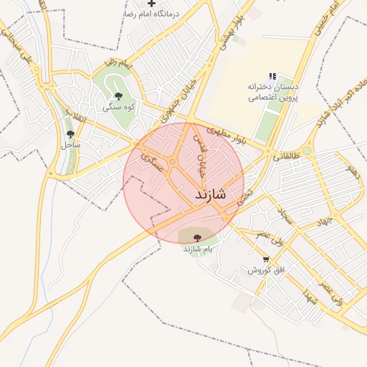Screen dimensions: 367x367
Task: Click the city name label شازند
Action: click(x=210, y=194)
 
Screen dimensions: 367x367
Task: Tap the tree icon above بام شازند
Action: click(x=198, y=237)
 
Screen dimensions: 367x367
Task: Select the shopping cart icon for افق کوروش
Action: click(x=267, y=259)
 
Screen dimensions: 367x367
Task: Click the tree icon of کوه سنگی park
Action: click(x=118, y=96)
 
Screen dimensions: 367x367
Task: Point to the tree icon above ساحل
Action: click(x=70, y=133)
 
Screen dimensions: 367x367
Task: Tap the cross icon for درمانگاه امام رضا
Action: click(x=151, y=4)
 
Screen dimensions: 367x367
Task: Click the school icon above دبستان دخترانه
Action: click(x=272, y=76)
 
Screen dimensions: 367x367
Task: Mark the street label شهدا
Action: click(x=310, y=295)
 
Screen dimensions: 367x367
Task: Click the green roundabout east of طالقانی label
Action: click(x=308, y=151)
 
